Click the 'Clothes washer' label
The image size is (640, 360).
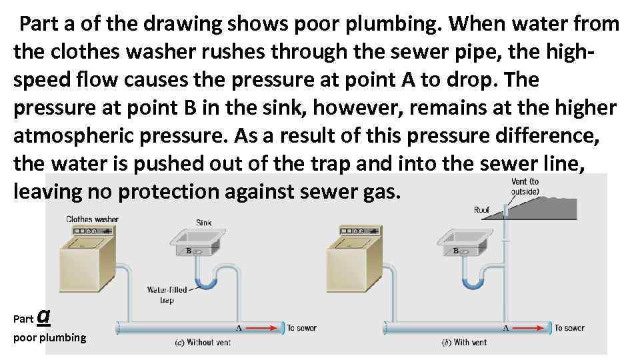coord(92,219)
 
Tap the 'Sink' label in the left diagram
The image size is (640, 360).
coord(204,223)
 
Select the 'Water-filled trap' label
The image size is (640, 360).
coord(167,295)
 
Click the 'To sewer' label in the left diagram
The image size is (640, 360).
coord(301,328)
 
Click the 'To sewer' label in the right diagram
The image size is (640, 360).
coord(569,328)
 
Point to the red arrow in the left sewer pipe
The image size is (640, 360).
coord(266,328)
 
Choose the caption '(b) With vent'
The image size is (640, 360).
coord(465,343)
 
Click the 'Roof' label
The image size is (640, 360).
coord(481,210)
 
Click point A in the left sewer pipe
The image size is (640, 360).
coord(239,329)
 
